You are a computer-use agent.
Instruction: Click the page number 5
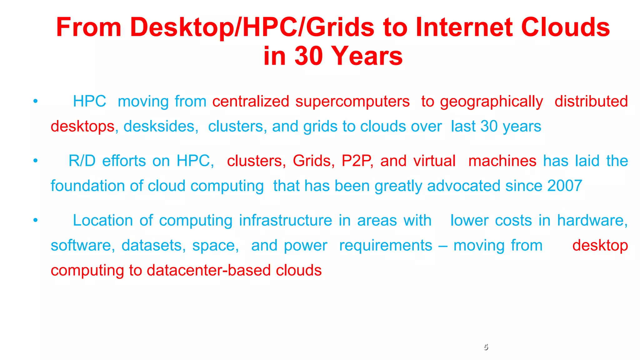486,347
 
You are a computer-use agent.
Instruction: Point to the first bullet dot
36,101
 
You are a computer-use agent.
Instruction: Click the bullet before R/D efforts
36,161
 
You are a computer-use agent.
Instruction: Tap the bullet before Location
36,220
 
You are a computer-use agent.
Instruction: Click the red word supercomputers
352,102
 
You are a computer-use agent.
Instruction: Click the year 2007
565,186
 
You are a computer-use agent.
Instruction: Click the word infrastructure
285,220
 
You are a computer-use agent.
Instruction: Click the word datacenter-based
208,270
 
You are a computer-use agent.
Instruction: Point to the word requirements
386,246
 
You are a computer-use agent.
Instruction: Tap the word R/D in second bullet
82,161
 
